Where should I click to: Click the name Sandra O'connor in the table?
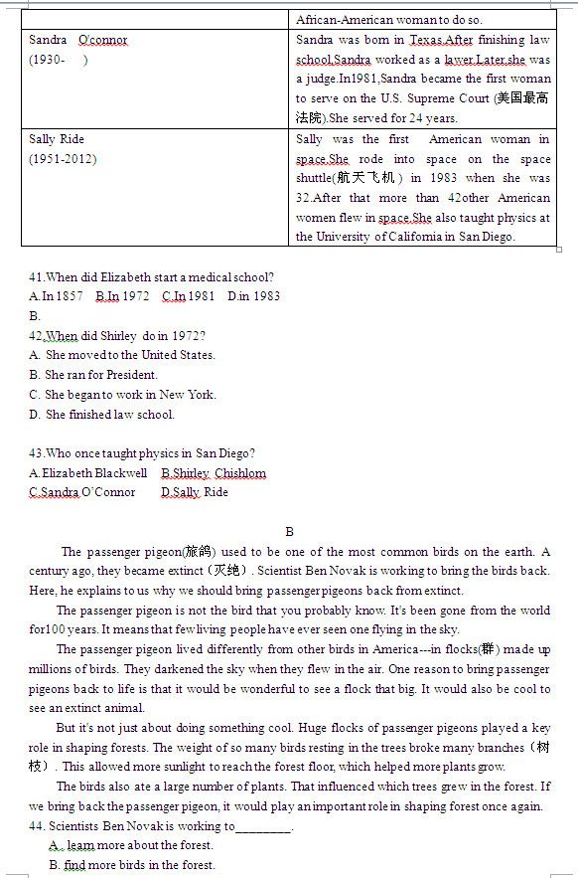point(78,40)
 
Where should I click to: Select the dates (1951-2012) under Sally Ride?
point(63,159)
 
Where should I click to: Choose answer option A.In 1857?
point(57,295)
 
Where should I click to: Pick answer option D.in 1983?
point(254,295)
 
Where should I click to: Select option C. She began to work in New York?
point(122,394)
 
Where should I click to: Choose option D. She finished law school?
point(101,414)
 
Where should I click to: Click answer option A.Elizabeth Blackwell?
point(88,472)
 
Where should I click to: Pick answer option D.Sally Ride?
point(195,491)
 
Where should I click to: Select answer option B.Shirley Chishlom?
point(214,472)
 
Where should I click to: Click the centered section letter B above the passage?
point(289,532)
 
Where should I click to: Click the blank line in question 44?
point(264,826)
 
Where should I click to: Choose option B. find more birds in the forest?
point(132,865)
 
